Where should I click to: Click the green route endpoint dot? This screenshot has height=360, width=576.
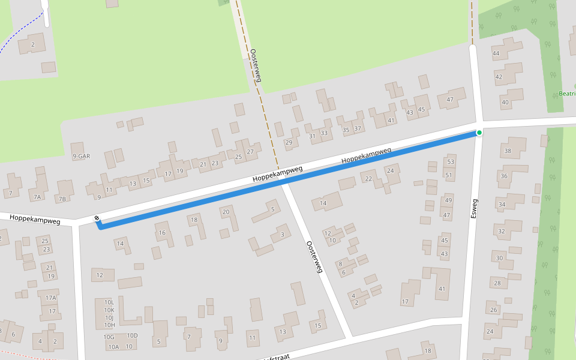(x=479, y=132)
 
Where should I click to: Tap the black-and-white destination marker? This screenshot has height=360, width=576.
(x=97, y=218)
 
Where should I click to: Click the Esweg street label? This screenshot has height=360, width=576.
(x=474, y=208)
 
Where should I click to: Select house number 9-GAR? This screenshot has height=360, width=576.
(x=80, y=156)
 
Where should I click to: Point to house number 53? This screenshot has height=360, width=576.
(x=450, y=162)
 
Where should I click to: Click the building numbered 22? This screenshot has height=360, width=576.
(x=368, y=179)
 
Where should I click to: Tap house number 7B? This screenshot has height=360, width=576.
(x=62, y=199)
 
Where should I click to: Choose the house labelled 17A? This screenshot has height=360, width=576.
(x=50, y=298)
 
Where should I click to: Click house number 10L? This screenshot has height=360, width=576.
(x=109, y=303)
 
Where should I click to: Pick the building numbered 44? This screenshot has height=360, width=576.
(x=496, y=54)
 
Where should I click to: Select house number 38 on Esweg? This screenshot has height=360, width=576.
(x=508, y=151)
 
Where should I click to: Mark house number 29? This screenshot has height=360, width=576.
(x=289, y=143)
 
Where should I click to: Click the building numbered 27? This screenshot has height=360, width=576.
(x=250, y=152)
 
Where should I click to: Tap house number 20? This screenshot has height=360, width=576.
(x=226, y=212)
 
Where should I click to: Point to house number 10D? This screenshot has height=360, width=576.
(x=132, y=335)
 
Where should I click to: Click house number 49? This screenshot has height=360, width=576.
(x=448, y=200)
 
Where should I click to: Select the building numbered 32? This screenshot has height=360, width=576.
(x=502, y=231)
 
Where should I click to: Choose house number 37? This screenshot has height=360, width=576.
(x=358, y=128)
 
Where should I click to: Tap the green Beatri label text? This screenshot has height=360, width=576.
(x=567, y=94)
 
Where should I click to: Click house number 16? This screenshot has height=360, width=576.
(x=161, y=233)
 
